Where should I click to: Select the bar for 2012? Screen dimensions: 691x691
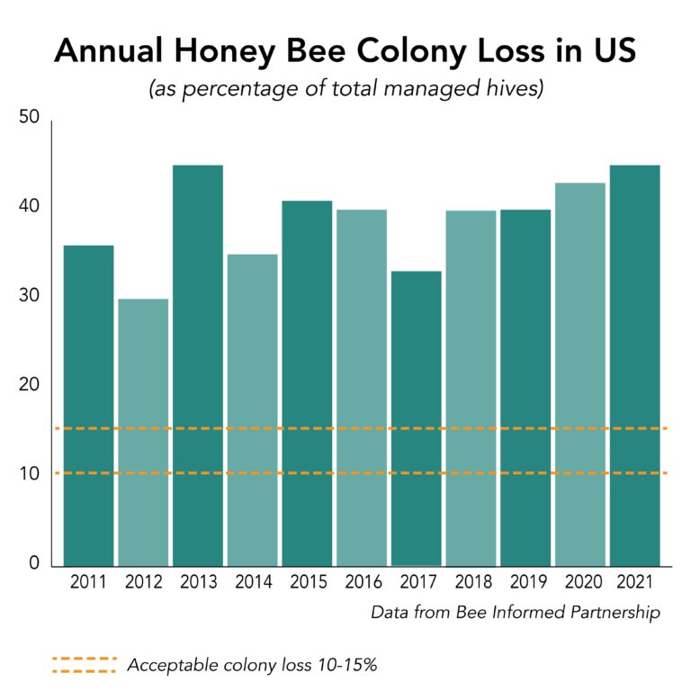pos(143,432)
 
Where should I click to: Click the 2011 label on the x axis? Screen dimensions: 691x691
pos(88,583)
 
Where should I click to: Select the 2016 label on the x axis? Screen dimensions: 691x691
pos(361,583)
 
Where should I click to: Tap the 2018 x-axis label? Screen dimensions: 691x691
pos(471,583)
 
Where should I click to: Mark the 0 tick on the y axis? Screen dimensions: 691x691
pos(34,564)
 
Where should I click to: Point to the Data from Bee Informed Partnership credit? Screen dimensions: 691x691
pos(516,613)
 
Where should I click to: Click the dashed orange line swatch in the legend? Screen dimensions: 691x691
pos(85,665)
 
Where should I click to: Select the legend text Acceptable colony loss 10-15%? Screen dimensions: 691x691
pos(252,666)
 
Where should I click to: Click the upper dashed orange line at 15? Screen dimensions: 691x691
pos(360,428)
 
